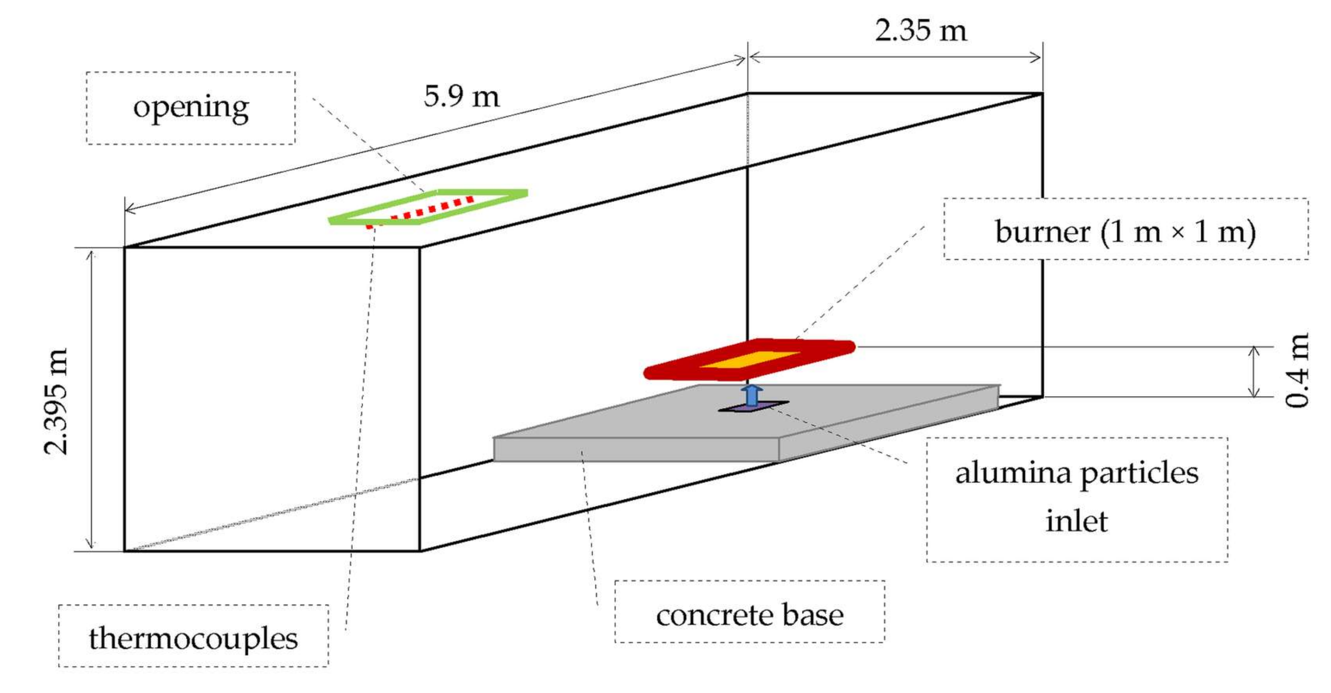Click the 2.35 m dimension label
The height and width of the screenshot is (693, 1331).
click(x=920, y=30)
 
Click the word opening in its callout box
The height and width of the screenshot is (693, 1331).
click(x=191, y=108)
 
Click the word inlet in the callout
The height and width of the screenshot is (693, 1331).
click(x=1076, y=521)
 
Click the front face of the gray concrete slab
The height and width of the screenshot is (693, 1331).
click(x=635, y=449)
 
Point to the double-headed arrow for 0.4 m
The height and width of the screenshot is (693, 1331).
click(x=1254, y=372)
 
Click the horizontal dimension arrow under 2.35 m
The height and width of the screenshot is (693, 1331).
click(x=894, y=57)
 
